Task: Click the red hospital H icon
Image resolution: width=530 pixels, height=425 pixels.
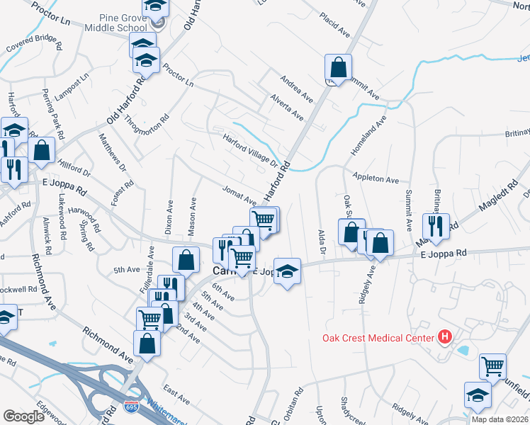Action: pos(445,337)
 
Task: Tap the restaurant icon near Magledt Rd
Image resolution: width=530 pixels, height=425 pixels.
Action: pos(434,227)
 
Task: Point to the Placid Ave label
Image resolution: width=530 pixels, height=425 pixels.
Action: pos(335,25)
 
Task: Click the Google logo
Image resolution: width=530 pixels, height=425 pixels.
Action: pos(23,416)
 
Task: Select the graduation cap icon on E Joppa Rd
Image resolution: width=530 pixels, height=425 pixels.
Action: pos(287,271)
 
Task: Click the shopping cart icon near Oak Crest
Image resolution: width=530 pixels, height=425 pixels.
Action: pos(492,366)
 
